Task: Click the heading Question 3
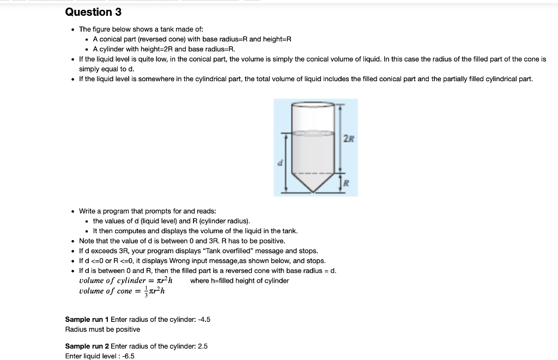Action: [93, 12]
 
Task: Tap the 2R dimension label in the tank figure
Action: [348, 138]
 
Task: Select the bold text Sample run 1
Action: [87, 319]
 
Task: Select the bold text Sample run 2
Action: [87, 346]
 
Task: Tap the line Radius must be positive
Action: [102, 329]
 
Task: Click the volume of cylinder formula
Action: [126, 280]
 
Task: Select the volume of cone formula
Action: [122, 291]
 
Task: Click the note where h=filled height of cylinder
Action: [239, 280]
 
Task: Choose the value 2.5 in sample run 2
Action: [202, 346]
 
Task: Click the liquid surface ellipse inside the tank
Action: [313, 132]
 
